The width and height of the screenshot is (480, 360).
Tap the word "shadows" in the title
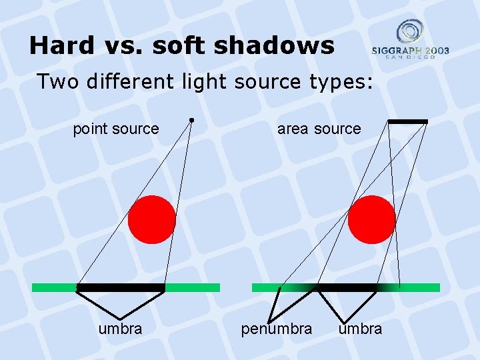point(280,45)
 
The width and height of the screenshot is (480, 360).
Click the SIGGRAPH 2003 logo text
point(410,51)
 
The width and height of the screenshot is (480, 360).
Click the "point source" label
point(116,129)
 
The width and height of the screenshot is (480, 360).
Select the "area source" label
point(319,129)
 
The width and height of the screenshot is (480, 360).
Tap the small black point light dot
point(191,120)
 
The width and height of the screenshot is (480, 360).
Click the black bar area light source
point(407,121)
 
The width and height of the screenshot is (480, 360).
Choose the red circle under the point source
point(152,219)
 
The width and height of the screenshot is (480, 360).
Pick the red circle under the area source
point(371,219)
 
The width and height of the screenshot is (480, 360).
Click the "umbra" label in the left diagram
point(120,329)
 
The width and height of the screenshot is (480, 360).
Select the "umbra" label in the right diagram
point(360,329)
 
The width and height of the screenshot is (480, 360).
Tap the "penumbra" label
point(276,329)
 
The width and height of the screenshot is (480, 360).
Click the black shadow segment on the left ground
point(121,288)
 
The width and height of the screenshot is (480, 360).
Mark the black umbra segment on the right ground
point(347,288)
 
